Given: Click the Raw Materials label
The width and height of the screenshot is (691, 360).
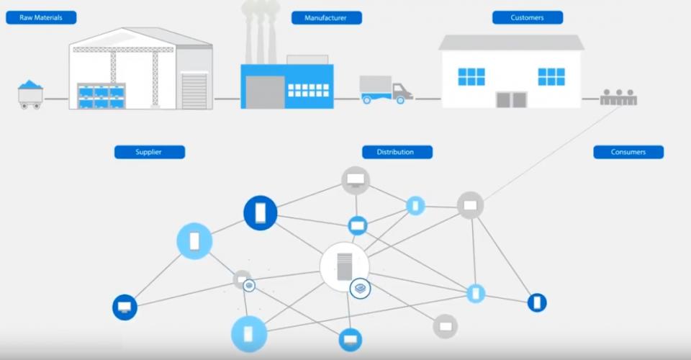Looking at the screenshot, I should click(x=41, y=17).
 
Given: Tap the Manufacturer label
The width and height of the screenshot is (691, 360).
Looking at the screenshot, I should click(x=326, y=17).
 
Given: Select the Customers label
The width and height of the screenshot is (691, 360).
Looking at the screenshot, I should click(x=528, y=17).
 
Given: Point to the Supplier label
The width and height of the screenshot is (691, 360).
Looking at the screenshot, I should click(x=150, y=152).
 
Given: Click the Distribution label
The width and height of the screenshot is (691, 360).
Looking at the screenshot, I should click(x=397, y=152).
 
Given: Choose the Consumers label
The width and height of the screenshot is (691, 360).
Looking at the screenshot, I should click(x=628, y=152).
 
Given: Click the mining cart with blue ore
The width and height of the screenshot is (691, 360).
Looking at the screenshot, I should click(x=30, y=94).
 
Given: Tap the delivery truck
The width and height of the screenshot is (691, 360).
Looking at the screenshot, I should click(x=386, y=90).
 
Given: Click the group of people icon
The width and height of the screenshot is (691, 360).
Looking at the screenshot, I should click(x=618, y=98).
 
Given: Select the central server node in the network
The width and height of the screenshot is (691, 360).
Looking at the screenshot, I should click(x=344, y=266).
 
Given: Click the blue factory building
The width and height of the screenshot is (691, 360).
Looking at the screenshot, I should click(x=287, y=86).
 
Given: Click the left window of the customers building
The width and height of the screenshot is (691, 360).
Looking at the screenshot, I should click(x=471, y=76).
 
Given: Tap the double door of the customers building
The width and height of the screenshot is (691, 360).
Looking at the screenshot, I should click(x=512, y=99).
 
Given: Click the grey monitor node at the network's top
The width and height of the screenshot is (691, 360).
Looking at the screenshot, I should click(x=355, y=180).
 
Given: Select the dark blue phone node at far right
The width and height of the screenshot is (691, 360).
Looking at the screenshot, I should click(x=537, y=302).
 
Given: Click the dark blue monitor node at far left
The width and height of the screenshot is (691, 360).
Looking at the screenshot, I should click(x=125, y=308).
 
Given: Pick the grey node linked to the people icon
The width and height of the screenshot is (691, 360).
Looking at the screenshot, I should click(x=470, y=205).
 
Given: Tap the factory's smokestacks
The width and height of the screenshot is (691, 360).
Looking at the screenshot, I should click(x=261, y=32).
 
